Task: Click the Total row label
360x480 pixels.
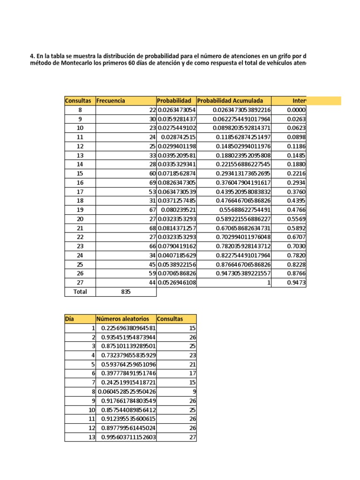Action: point(79,292)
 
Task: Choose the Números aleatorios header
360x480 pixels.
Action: point(122,319)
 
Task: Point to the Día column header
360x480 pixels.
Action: point(70,319)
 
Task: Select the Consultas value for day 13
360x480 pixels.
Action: point(192,437)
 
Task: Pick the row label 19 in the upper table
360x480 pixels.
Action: point(79,210)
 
